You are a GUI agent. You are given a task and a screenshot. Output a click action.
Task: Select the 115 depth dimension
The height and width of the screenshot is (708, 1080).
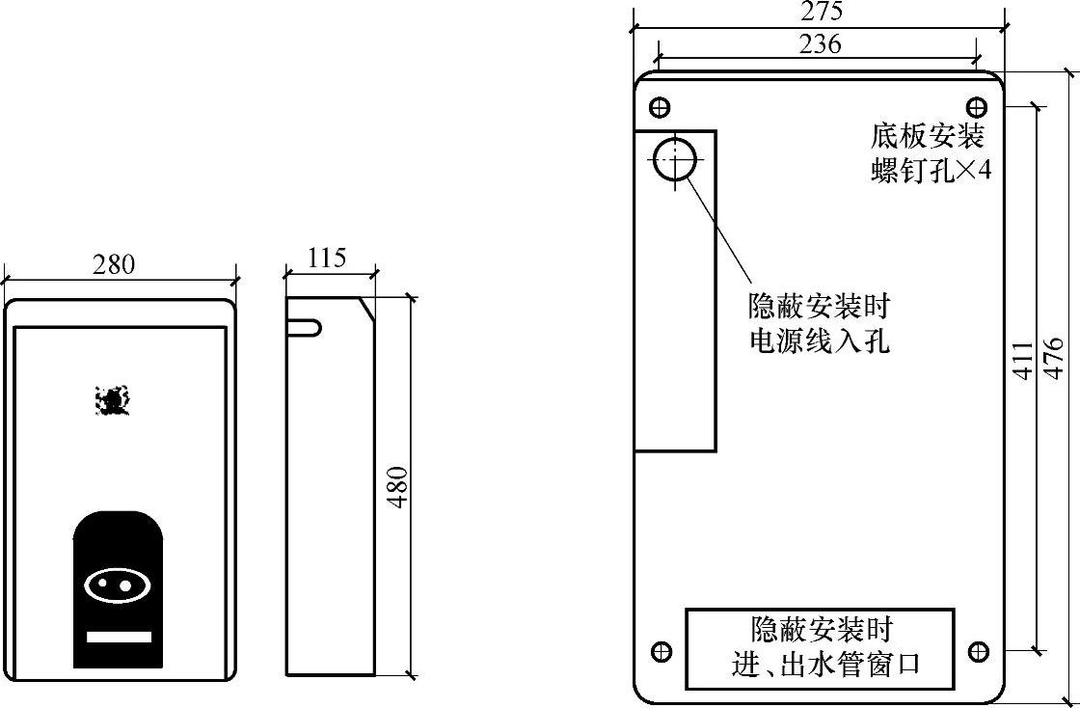point(327,258)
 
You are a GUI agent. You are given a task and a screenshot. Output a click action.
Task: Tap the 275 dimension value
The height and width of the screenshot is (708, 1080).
point(821,12)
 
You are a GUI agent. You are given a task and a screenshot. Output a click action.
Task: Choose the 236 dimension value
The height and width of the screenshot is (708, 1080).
point(821,43)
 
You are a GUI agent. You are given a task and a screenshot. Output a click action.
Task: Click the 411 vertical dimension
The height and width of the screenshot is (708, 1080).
point(1023,360)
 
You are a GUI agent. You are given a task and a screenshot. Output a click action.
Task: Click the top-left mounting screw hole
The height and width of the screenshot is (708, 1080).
point(661,105)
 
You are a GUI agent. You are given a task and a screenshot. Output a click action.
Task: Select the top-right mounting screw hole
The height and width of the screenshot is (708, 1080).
point(977,105)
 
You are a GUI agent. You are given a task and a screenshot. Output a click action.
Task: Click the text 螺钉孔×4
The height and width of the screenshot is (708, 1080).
point(931,170)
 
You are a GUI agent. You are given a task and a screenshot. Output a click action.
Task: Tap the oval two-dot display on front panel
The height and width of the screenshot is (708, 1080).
point(118,585)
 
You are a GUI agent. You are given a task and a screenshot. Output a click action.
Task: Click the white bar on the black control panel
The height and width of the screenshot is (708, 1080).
point(119,637)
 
